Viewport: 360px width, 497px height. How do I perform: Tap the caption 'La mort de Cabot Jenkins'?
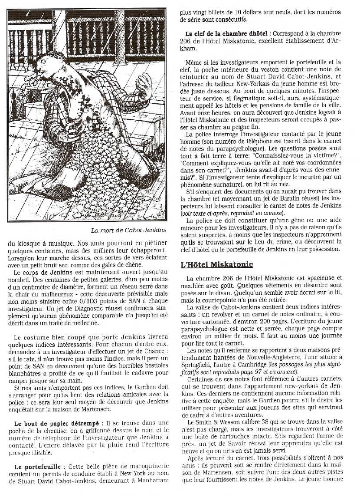(x=129, y=230)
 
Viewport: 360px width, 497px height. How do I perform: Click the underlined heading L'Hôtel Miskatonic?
(x=216, y=264)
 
